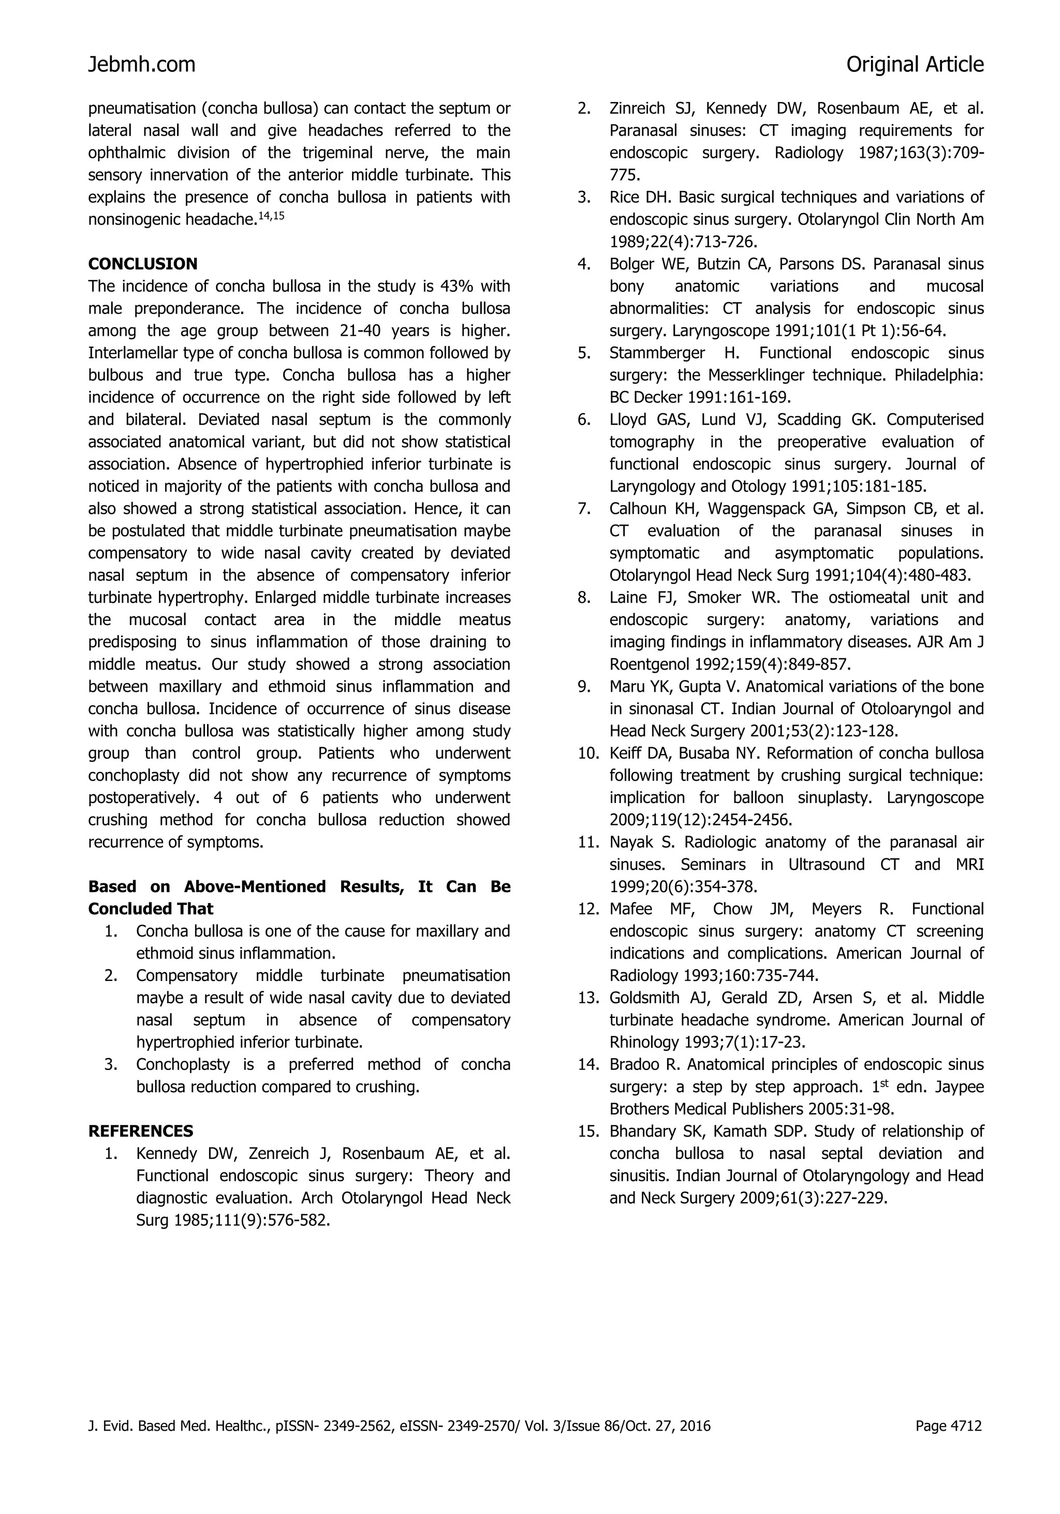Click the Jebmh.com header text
pyautogui.click(x=142, y=65)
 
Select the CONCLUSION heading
pyautogui.click(x=142, y=264)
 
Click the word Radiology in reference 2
pyautogui.click(x=808, y=153)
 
